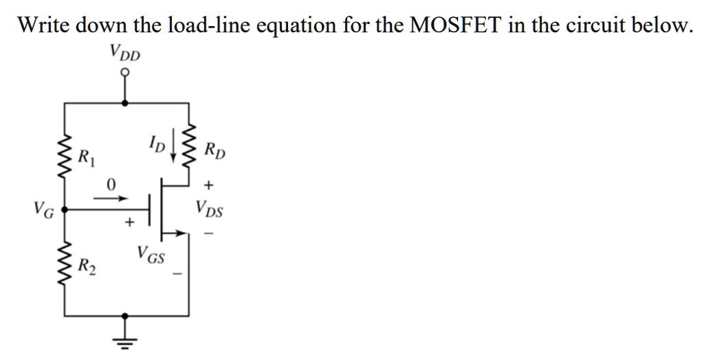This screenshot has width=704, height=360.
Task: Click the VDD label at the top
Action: (124, 52)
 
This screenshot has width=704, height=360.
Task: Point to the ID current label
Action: (156, 144)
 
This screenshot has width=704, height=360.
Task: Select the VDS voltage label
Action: (208, 207)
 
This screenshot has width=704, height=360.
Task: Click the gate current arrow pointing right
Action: (111, 197)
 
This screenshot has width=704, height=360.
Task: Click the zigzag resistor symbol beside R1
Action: (66, 156)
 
